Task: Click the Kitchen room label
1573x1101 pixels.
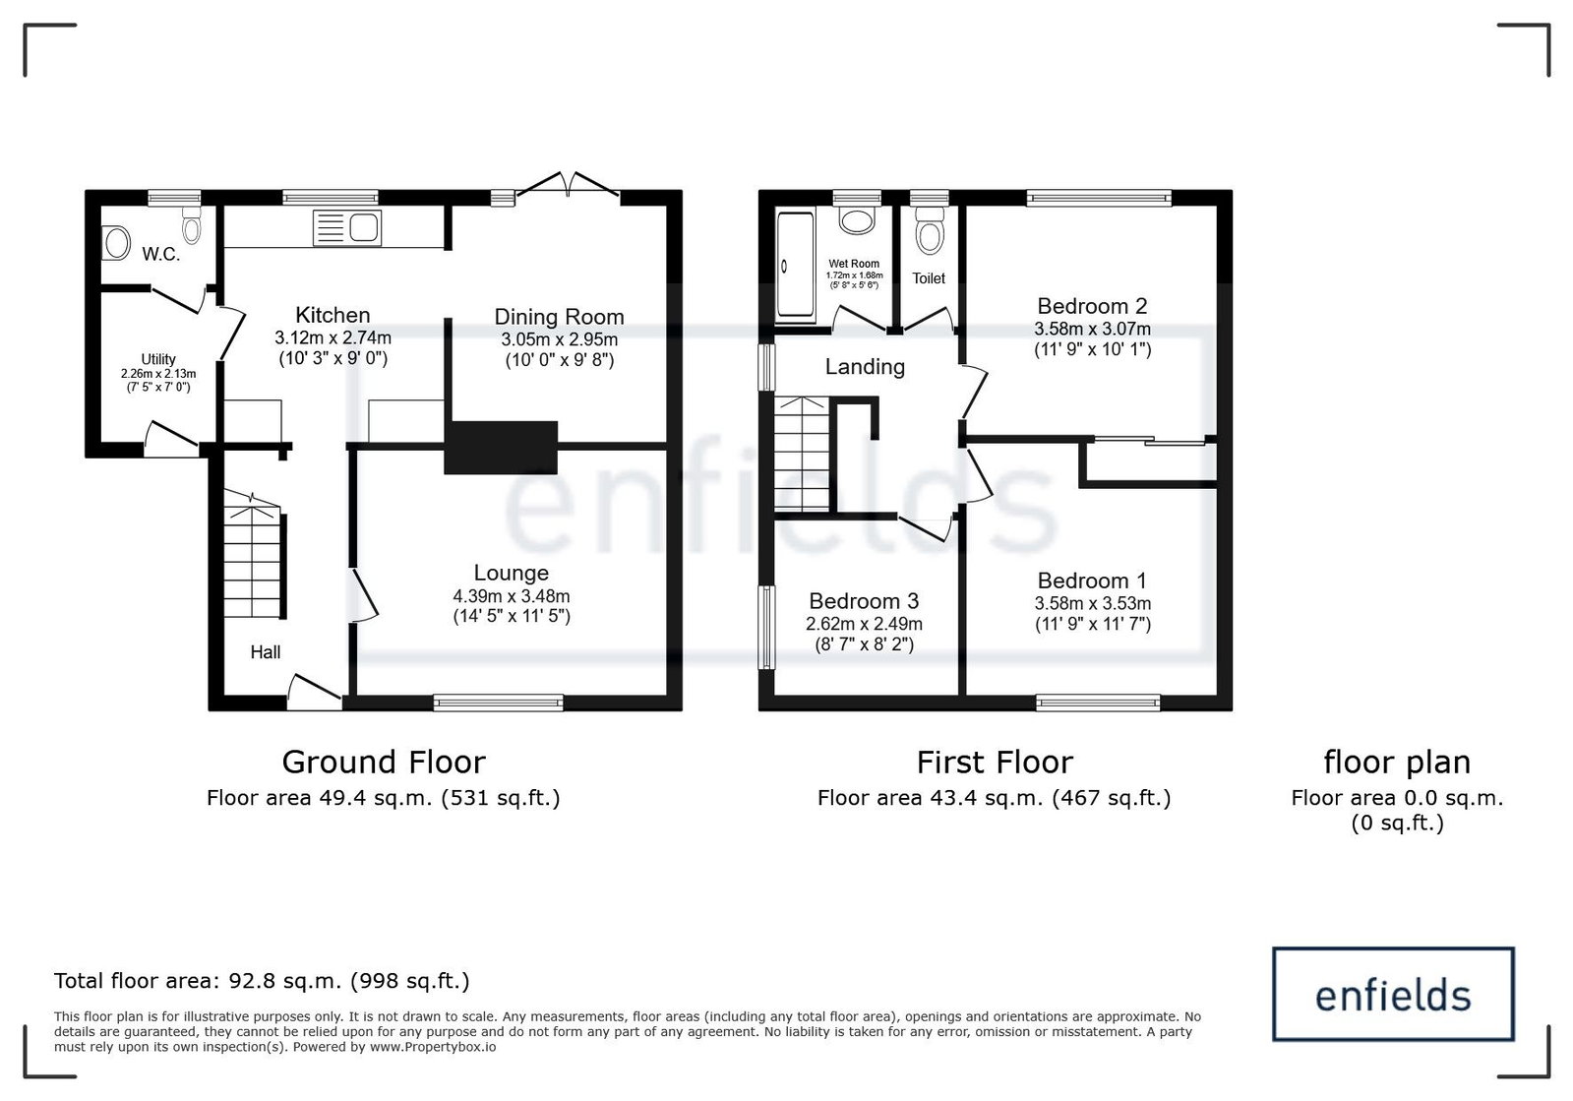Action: pyautogui.click(x=333, y=315)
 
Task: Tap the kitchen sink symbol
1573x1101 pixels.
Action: pyautogui.click(x=347, y=228)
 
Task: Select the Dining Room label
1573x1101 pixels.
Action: pyautogui.click(x=559, y=318)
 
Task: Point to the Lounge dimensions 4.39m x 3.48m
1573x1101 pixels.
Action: pyautogui.click(x=512, y=596)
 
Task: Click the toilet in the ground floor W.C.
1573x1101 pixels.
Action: pyautogui.click(x=191, y=224)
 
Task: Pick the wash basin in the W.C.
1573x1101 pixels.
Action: pyautogui.click(x=116, y=243)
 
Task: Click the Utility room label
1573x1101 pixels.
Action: pyautogui.click(x=158, y=359)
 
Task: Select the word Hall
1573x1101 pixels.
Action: pyautogui.click(x=266, y=652)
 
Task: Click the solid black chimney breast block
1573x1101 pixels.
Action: pyautogui.click(x=501, y=448)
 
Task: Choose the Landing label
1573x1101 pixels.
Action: pyautogui.click(x=865, y=367)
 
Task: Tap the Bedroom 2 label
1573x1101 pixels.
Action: pyautogui.click(x=1092, y=306)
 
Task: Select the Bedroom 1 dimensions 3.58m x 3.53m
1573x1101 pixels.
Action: pyautogui.click(x=1093, y=603)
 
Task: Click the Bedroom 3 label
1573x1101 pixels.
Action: pyautogui.click(x=864, y=601)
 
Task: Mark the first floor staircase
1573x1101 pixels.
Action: pyautogui.click(x=801, y=454)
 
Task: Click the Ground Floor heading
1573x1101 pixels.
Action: pyautogui.click(x=384, y=762)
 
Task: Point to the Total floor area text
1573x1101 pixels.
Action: pyautogui.click(x=262, y=981)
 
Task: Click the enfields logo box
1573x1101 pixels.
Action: pyautogui.click(x=1393, y=995)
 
